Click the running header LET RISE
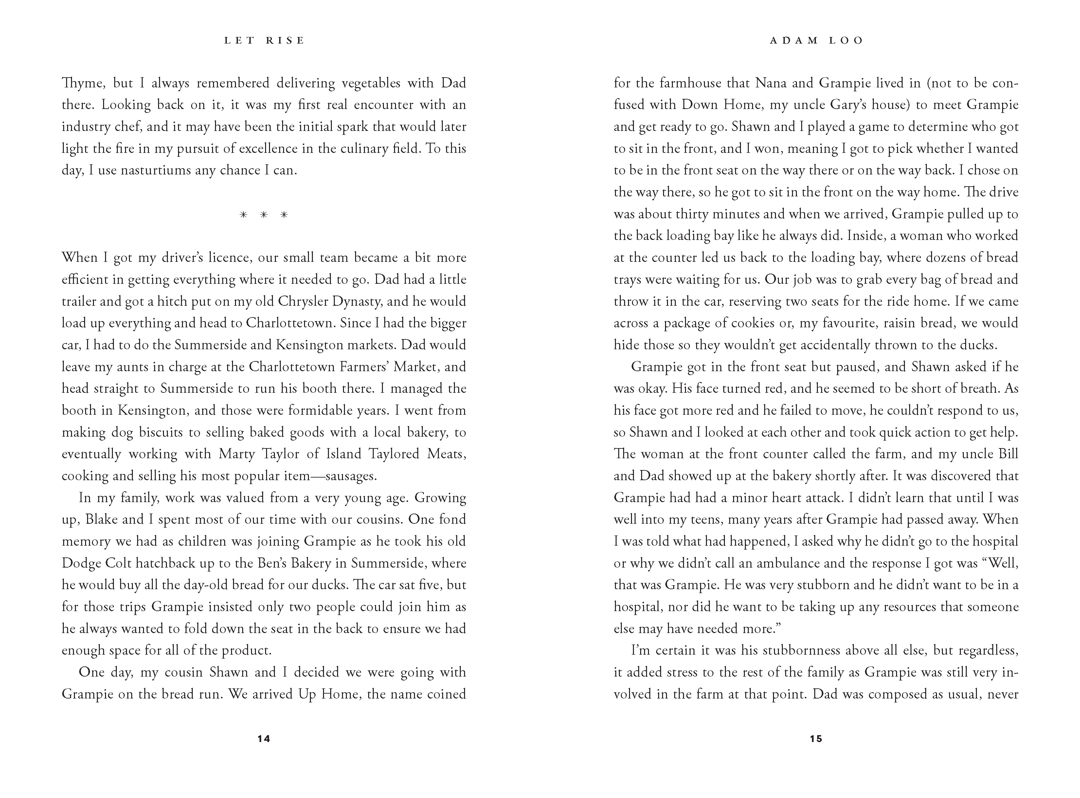tap(264, 41)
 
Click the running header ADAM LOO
tap(816, 41)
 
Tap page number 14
tap(264, 738)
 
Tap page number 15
tap(816, 738)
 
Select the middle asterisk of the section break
tap(264, 215)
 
